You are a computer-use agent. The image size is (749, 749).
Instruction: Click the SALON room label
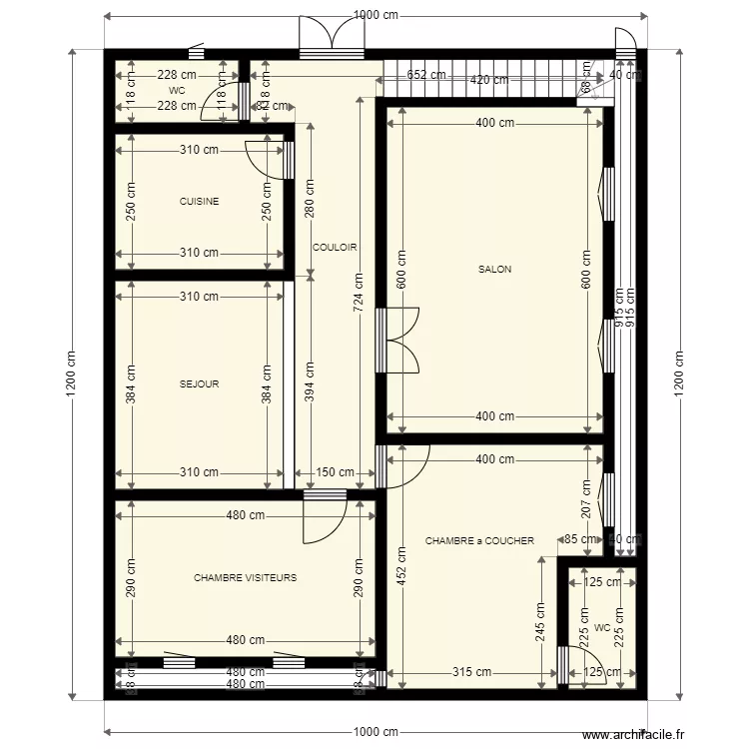click(494, 269)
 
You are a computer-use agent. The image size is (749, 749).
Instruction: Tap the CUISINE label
click(199, 201)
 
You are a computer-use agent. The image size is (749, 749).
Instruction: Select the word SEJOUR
click(199, 383)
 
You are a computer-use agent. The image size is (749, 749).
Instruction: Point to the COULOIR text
click(335, 247)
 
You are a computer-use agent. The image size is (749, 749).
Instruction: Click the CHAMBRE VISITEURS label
click(245, 577)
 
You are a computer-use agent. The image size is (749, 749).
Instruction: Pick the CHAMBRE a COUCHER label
click(479, 540)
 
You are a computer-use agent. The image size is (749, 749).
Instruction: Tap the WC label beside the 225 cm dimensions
click(600, 628)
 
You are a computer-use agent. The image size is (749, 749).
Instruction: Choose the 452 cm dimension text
click(400, 570)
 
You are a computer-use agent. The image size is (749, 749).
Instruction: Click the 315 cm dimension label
click(463, 673)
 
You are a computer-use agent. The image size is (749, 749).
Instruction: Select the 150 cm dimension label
click(335, 472)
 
